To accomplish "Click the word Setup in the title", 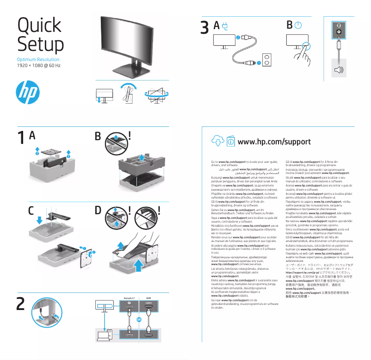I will click(40, 45).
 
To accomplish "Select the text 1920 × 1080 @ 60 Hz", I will click(38, 66).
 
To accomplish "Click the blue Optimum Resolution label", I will click(38, 60).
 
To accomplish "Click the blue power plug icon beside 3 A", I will click(226, 26).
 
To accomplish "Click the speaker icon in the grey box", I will click(340, 70).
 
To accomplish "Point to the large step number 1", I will click(21, 138).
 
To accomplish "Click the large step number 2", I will click(21, 304).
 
